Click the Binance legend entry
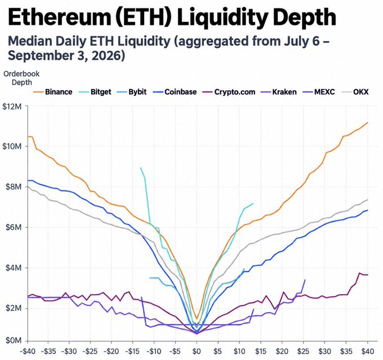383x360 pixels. click(x=53, y=92)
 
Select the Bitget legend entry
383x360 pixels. click(x=95, y=92)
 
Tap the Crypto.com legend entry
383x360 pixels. click(x=229, y=92)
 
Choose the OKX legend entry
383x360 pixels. click(x=355, y=92)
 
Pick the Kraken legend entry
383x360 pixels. click(x=279, y=92)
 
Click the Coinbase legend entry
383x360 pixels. click(x=175, y=92)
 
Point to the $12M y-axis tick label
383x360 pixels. click(x=12, y=106)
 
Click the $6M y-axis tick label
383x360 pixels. click(x=14, y=227)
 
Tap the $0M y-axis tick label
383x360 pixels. click(x=14, y=340)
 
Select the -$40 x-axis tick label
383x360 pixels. click(x=28, y=352)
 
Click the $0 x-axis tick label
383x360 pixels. click(x=197, y=352)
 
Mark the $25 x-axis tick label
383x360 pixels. click(x=303, y=352)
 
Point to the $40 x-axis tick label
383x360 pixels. click(x=368, y=352)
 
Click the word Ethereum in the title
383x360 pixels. click(x=59, y=17)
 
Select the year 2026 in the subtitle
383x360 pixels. click(x=108, y=55)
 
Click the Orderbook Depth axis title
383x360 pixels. click(x=21, y=78)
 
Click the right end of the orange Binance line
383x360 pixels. click(x=368, y=122)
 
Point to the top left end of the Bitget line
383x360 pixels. click(x=140, y=168)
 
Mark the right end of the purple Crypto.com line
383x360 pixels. click(x=368, y=275)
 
